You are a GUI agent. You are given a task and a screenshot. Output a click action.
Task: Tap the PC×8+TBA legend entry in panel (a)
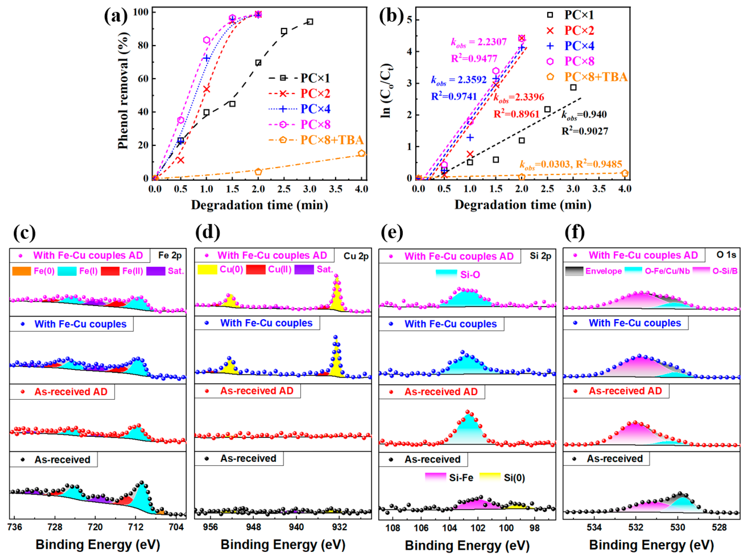pyautogui.click(x=332, y=140)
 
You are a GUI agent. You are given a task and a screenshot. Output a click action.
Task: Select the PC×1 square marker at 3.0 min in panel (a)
pyautogui.click(x=310, y=22)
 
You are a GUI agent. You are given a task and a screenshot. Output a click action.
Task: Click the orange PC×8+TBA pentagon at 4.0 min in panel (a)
pyautogui.click(x=361, y=153)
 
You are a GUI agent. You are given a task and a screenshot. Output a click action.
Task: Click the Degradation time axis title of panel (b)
pyautogui.click(x=523, y=205)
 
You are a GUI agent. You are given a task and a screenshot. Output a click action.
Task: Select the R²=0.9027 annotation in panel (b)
pyautogui.click(x=584, y=131)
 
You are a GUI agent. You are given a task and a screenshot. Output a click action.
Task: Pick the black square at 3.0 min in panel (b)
pyautogui.click(x=573, y=88)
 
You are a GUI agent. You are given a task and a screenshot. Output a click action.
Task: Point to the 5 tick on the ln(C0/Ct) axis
pyautogui.click(x=409, y=20)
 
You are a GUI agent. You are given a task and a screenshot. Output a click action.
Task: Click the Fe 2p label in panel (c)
pyautogui.click(x=170, y=255)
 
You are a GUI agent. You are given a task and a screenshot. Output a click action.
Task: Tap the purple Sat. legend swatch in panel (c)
pyautogui.click(x=156, y=271)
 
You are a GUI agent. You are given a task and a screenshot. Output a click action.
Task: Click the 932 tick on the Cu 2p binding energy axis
pyautogui.click(x=339, y=527)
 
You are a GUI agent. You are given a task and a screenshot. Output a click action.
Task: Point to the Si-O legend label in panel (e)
pyautogui.click(x=470, y=274)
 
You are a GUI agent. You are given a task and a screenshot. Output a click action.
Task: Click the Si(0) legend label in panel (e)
pyautogui.click(x=514, y=478)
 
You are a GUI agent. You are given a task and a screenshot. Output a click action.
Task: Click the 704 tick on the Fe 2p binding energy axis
pyautogui.click(x=176, y=527)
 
